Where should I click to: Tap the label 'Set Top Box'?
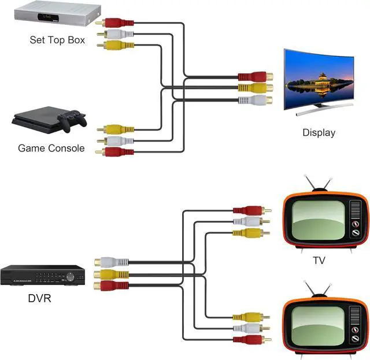(x=57, y=40)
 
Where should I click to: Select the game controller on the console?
(x=74, y=121)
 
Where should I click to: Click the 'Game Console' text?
(x=51, y=148)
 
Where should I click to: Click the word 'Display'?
(x=319, y=132)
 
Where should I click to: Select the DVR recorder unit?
(x=42, y=276)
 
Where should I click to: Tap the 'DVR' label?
(x=39, y=299)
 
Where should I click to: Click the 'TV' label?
(x=319, y=261)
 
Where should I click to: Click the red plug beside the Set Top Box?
(x=115, y=23)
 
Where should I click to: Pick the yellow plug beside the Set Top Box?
(x=115, y=44)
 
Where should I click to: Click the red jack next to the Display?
(x=255, y=76)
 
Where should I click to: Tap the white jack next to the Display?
(x=255, y=100)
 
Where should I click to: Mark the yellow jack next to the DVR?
(x=110, y=273)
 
